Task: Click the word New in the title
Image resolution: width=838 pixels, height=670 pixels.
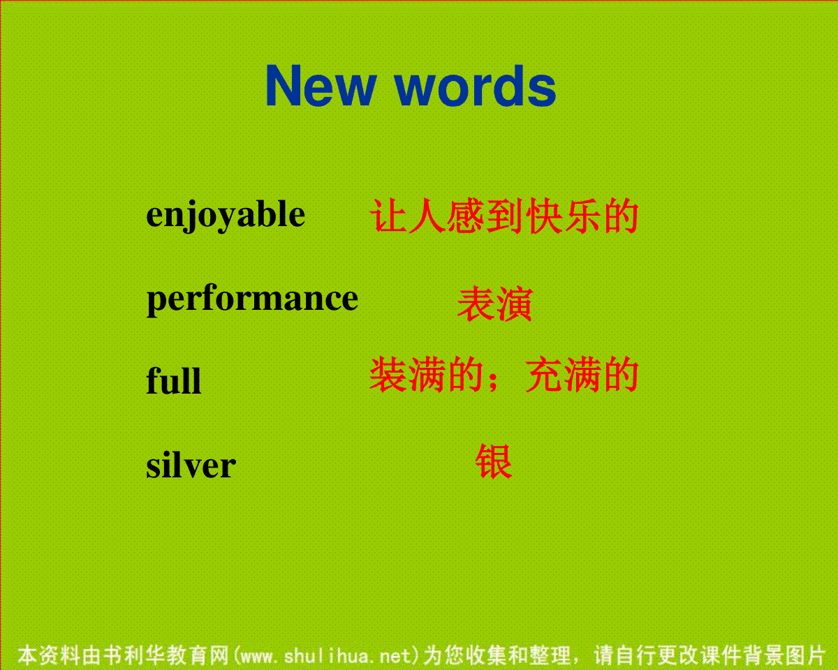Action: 321,85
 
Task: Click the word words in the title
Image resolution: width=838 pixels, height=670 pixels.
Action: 476,85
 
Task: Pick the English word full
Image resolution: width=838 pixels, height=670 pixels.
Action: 174,380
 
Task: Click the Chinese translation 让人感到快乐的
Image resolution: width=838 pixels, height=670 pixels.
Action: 504,216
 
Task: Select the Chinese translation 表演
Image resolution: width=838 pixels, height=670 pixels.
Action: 494,304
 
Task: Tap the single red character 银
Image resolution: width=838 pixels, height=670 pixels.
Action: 494,461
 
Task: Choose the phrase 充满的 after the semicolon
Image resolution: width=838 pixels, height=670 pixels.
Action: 582,375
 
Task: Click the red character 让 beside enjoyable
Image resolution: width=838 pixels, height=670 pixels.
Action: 388,216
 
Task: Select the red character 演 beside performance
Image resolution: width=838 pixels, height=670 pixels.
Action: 514,304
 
